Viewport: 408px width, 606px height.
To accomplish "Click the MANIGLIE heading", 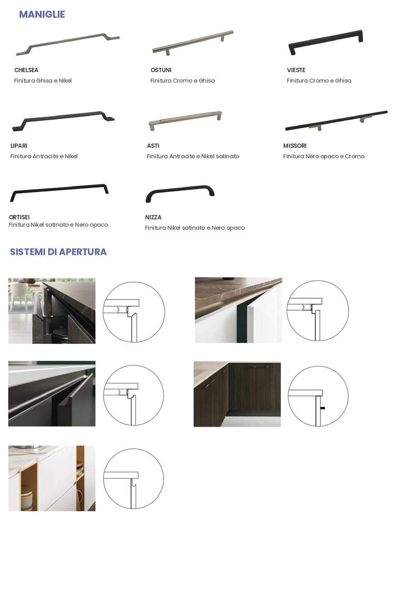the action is pos(42,15).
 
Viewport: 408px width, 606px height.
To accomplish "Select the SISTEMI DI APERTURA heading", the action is pos(58,252).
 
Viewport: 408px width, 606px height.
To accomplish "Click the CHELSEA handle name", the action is pos(26,70).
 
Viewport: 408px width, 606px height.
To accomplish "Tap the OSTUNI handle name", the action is pos(161,70).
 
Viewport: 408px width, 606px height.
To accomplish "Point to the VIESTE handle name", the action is pos(296,70).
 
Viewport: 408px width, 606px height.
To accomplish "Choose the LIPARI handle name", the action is pos(19,146).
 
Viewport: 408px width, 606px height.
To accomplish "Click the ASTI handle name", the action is pos(153,146).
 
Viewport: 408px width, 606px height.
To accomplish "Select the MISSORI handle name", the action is pos(295,146).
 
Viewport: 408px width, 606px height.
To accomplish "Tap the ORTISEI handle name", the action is pos(19,217).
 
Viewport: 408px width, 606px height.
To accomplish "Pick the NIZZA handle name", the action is pos(153,217).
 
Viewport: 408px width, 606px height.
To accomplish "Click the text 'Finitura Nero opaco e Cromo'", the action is pos(324,156).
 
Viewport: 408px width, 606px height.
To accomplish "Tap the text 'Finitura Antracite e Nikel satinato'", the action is pos(193,156).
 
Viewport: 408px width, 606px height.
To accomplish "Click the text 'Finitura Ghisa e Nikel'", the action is pos(43,80).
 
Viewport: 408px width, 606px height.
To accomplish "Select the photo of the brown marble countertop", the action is pos(239,310).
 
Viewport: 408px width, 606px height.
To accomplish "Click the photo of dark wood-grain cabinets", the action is pos(237,394).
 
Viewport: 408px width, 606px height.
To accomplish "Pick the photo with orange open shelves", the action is pos(52,478).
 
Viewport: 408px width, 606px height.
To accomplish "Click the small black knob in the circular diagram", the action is pos(323,408).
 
